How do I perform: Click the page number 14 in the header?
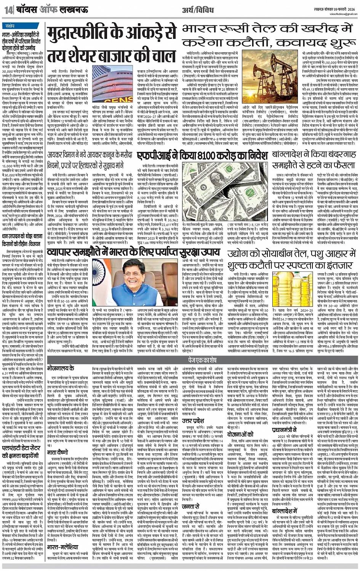(8, 10)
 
